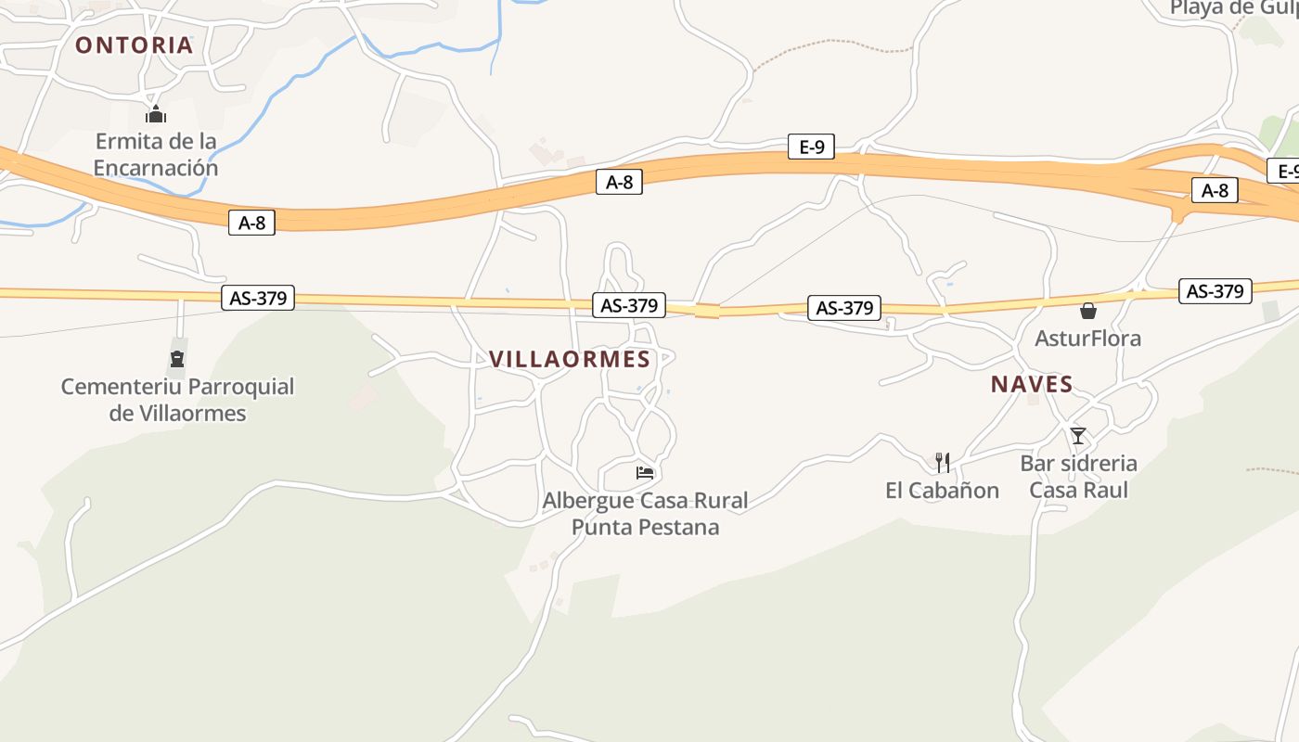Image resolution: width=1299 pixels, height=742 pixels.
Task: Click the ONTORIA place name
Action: [134, 45]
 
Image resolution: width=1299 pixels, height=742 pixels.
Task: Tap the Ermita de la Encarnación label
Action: [156, 155]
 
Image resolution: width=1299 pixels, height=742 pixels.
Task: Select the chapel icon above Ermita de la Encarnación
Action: [156, 114]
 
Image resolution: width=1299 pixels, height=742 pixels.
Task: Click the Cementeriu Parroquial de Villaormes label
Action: [177, 400]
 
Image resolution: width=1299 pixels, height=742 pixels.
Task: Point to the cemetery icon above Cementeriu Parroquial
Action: [177, 359]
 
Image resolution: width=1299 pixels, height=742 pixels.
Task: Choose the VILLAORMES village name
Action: [570, 359]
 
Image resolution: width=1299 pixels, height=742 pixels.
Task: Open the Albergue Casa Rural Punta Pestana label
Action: [645, 514]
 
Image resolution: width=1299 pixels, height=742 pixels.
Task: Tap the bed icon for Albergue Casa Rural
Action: [645, 473]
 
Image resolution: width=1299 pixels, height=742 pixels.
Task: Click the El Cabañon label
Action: [942, 491]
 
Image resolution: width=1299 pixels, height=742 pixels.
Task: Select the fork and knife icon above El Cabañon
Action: [943, 461]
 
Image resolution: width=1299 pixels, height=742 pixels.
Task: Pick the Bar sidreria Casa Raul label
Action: [1078, 476]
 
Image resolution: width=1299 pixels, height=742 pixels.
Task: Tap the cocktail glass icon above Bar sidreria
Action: [1078, 435]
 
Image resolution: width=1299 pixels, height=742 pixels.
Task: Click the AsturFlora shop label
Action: [1087, 339]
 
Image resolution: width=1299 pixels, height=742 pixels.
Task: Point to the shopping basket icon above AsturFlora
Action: [1088, 311]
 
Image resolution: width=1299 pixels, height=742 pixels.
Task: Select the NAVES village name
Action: [1032, 384]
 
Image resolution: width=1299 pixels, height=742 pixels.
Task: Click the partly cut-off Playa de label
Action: [1233, 8]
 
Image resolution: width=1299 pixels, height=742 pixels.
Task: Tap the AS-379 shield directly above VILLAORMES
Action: [629, 304]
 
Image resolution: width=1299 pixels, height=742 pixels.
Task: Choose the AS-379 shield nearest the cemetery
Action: [258, 298]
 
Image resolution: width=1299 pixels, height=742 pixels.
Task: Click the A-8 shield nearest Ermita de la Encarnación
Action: [251, 222]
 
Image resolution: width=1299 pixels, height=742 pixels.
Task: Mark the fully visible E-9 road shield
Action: [811, 147]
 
